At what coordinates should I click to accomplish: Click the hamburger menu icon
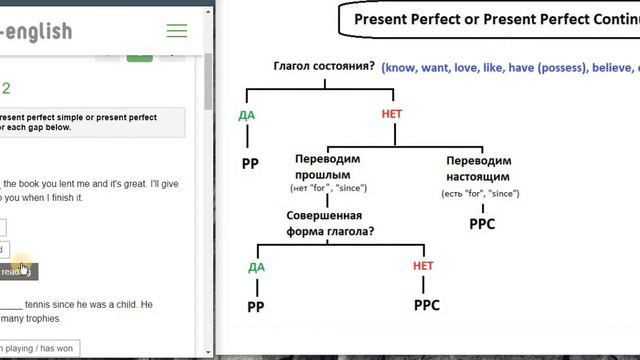(x=177, y=31)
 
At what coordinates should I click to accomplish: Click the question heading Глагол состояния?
(x=325, y=67)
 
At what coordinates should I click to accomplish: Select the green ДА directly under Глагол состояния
(x=247, y=115)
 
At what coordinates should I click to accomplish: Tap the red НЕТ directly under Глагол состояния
(x=392, y=115)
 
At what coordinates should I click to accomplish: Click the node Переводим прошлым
(x=328, y=167)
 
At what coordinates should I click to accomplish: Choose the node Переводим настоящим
(x=479, y=167)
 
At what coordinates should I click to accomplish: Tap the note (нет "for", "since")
(x=328, y=188)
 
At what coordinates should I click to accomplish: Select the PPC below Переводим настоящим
(x=482, y=224)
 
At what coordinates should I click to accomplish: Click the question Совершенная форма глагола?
(x=324, y=223)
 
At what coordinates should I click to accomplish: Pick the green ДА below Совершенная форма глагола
(x=256, y=267)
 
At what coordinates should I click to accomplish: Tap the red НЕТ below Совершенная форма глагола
(x=423, y=266)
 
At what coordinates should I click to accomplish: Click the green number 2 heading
(x=6, y=88)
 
